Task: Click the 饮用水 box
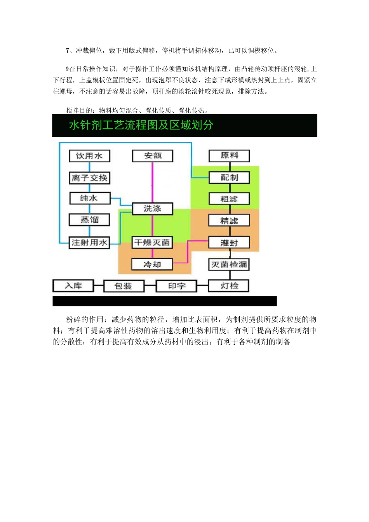click(x=89, y=156)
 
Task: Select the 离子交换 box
click(x=89, y=178)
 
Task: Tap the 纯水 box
click(x=89, y=198)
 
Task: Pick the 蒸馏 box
click(x=89, y=220)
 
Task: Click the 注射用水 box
click(x=89, y=243)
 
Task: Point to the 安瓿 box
click(x=153, y=156)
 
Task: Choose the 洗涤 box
click(x=153, y=209)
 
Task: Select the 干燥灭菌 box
click(x=152, y=243)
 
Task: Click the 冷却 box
click(x=152, y=264)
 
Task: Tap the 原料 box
click(x=229, y=156)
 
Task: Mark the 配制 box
click(x=229, y=177)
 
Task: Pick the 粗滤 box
click(x=229, y=199)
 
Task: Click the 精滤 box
click(x=229, y=221)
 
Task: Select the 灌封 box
click(x=229, y=243)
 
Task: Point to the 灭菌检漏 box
click(x=229, y=264)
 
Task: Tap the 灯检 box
click(x=229, y=286)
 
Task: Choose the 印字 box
click(x=177, y=286)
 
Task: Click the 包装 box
click(x=124, y=286)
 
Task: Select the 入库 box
click(x=73, y=286)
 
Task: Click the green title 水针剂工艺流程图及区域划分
click(x=141, y=125)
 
